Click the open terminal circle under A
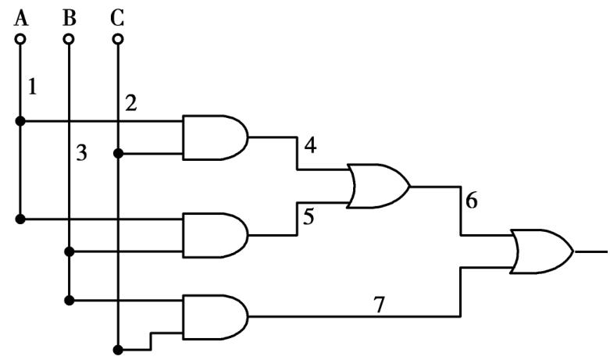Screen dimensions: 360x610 point(20,37)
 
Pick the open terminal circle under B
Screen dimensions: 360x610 point(69,37)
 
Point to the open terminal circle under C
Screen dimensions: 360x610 point(118,37)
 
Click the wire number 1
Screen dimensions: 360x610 point(32,87)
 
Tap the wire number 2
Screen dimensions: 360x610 point(131,103)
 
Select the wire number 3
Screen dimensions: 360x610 point(81,153)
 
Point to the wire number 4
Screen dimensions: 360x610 point(310,145)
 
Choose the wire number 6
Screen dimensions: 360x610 point(470,201)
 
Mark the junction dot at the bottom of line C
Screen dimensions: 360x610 point(118,348)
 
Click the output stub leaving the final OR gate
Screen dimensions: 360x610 point(591,251)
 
